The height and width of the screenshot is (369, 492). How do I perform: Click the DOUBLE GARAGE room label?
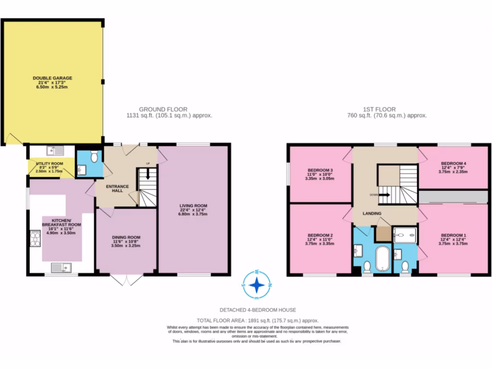[x=53, y=78]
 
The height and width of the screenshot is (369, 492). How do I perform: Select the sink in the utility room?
[x=57, y=151]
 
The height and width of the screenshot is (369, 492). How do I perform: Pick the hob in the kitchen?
[x=36, y=238]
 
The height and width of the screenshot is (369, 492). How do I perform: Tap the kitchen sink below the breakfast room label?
[x=63, y=267]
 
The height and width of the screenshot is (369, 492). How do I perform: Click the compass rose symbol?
[x=258, y=284]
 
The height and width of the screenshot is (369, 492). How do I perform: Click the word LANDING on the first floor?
[x=372, y=213]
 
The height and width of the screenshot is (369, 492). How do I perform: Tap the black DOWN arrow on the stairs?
[x=386, y=195]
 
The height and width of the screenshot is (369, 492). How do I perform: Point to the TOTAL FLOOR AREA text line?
[x=258, y=320]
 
